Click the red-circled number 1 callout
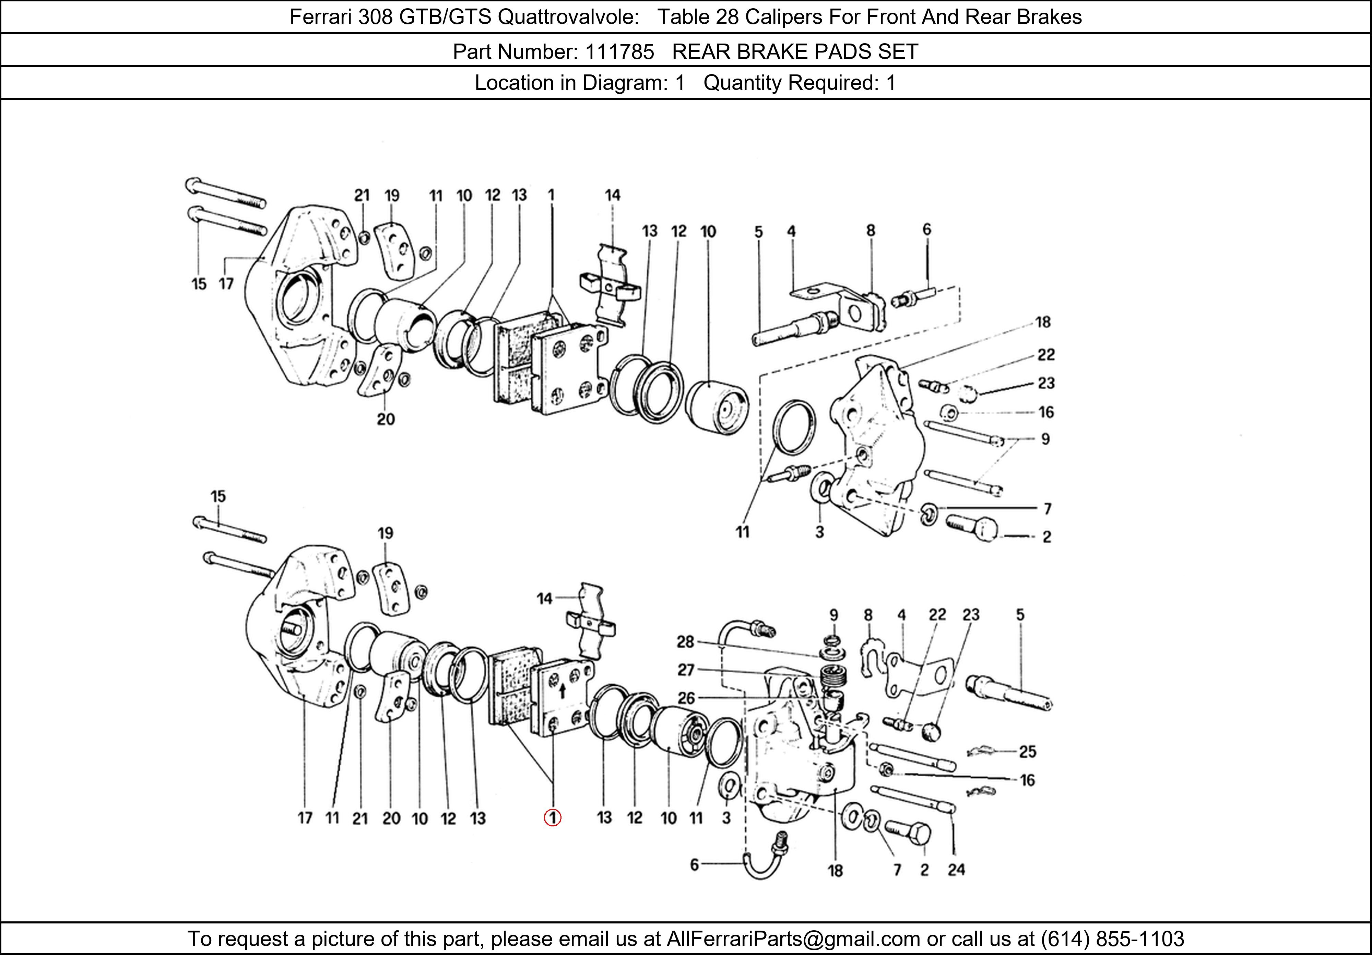click(552, 817)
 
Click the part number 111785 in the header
click(620, 52)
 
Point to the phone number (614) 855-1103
click(1113, 939)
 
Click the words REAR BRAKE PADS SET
click(795, 52)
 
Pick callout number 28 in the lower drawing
click(685, 642)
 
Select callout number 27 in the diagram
click(685, 670)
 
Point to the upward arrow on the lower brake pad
click(562, 692)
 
